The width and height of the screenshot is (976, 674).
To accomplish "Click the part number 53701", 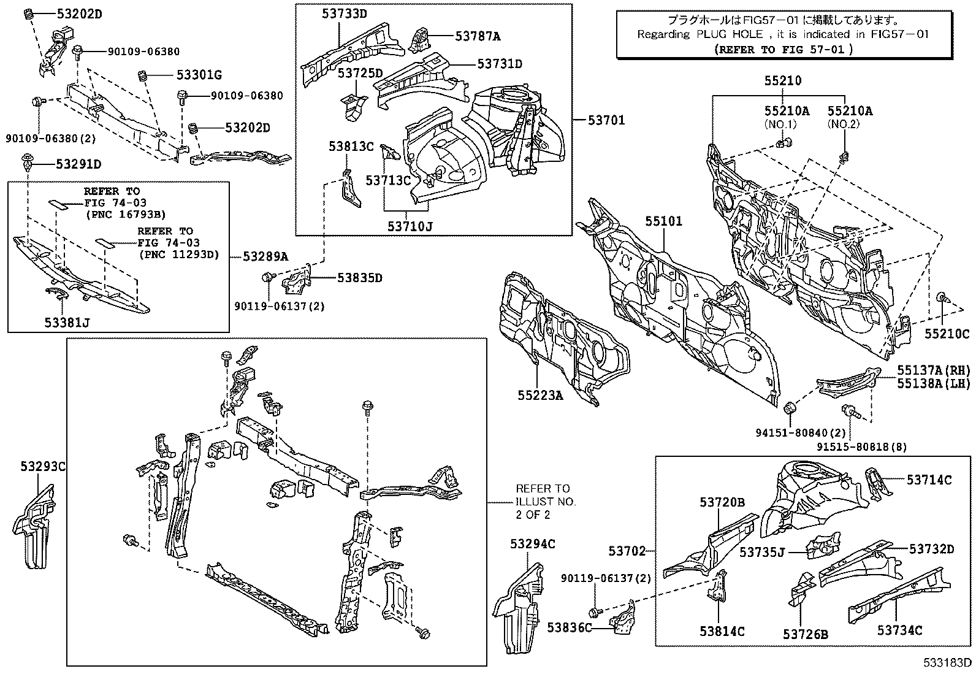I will (x=603, y=120).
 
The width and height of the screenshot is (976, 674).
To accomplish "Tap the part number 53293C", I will (x=40, y=467).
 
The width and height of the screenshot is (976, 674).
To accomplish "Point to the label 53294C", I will (x=532, y=544).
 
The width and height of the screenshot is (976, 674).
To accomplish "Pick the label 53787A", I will (x=478, y=36).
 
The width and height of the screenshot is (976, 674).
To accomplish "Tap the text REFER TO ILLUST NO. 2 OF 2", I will (x=542, y=501).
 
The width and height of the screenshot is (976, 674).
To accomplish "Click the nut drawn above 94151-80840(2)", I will (x=790, y=407).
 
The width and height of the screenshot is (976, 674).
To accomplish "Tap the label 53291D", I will (x=78, y=164).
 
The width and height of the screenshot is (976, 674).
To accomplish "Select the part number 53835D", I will (x=359, y=278).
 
